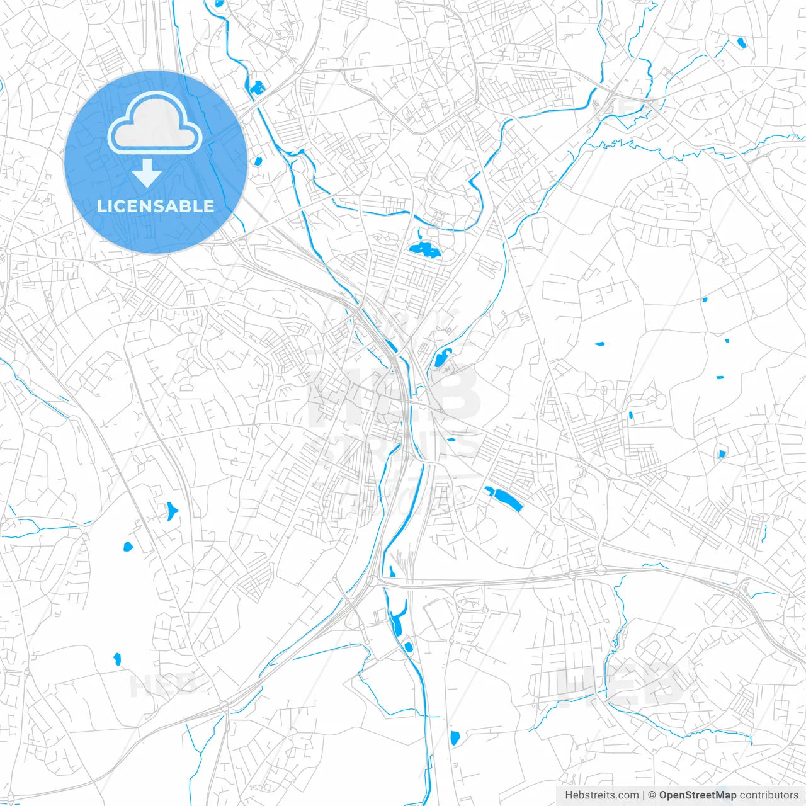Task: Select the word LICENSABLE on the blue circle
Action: click(x=156, y=206)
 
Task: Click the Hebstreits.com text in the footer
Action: click(x=601, y=795)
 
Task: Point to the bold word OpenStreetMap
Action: click(x=698, y=795)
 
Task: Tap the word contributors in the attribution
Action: click(x=769, y=795)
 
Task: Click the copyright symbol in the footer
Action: click(x=652, y=795)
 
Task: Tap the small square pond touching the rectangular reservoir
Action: click(x=489, y=491)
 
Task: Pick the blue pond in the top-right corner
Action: click(x=741, y=43)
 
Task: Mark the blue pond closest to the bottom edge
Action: click(x=455, y=737)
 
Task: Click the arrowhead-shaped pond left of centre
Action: click(x=171, y=510)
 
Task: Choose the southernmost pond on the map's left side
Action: click(x=116, y=659)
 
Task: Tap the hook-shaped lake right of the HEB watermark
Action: click(x=441, y=358)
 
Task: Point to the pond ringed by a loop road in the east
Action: click(x=722, y=453)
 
